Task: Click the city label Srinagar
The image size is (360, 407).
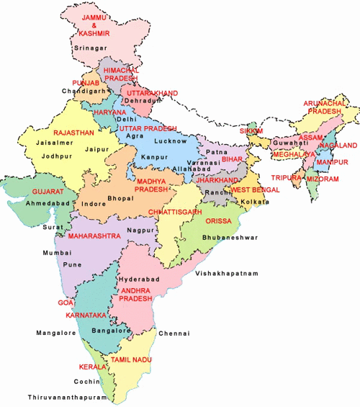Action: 91,48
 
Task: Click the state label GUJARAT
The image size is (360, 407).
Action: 48,192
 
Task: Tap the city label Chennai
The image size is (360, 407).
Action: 174,334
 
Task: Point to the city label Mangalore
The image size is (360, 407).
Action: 57,334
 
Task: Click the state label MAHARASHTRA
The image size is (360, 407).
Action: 94,236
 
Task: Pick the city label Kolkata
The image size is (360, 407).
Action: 255,202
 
